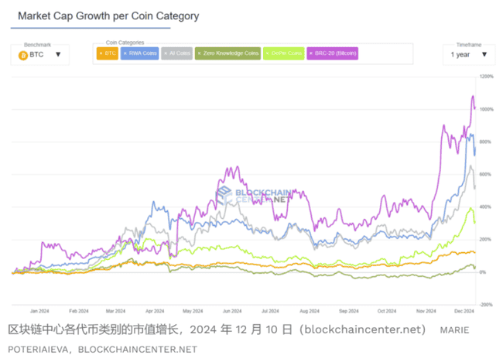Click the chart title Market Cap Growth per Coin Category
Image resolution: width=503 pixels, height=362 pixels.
pos(108,15)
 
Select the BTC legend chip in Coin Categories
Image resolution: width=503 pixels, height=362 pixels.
pos(107,53)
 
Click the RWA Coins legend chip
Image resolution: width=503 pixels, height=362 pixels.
pos(139,53)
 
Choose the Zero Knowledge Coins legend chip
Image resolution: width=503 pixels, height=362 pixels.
pos(228,53)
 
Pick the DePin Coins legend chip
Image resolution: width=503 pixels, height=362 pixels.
pos(284,53)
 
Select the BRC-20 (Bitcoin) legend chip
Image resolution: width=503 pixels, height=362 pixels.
pos(334,53)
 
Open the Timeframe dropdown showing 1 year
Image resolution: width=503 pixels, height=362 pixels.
pos(468,55)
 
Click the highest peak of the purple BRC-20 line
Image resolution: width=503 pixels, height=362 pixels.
pos(473,96)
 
